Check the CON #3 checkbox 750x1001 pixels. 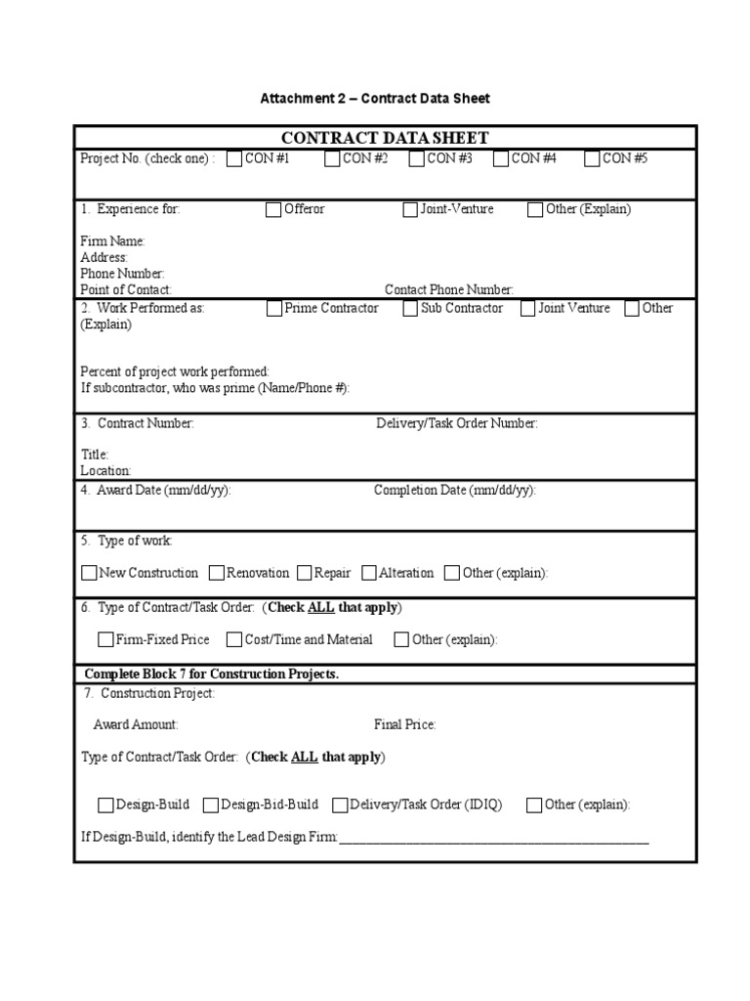(x=417, y=159)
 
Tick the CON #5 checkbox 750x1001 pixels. (x=592, y=159)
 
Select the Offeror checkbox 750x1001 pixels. (x=273, y=209)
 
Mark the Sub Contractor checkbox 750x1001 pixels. (x=410, y=309)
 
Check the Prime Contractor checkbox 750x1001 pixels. (x=273, y=309)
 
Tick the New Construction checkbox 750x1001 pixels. (x=89, y=573)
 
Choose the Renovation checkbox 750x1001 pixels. (x=218, y=573)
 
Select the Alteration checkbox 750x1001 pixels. (x=369, y=573)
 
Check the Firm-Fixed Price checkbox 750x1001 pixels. (x=105, y=640)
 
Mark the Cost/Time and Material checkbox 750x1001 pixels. (x=234, y=640)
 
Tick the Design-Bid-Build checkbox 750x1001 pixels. (x=211, y=805)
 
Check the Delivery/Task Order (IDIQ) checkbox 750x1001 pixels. (x=340, y=805)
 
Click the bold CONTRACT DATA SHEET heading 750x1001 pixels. (x=385, y=138)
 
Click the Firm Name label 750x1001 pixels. (x=112, y=241)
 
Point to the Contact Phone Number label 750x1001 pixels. (x=448, y=290)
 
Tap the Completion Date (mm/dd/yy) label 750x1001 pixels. (x=454, y=491)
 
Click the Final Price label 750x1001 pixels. (x=404, y=725)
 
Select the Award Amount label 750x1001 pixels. (x=136, y=725)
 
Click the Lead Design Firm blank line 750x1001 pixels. (x=493, y=838)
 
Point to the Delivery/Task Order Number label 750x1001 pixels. (x=456, y=423)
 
